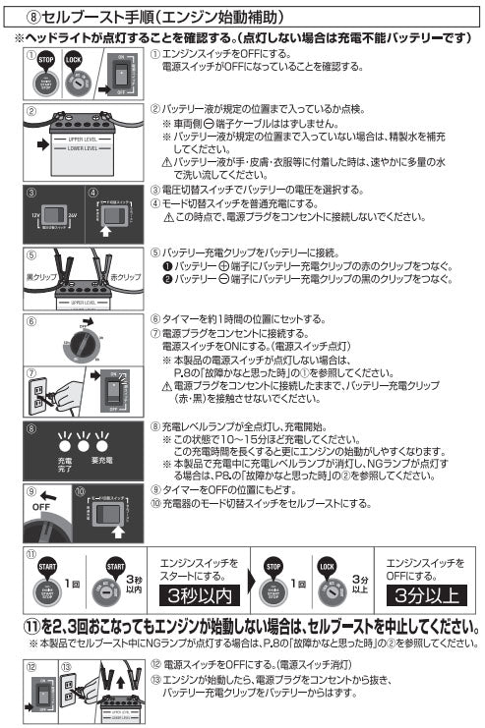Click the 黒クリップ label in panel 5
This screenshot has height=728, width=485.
pyautogui.click(x=39, y=278)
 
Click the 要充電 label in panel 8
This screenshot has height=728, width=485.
pyautogui.click(x=101, y=460)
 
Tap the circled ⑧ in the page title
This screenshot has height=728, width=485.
pyautogui.click(x=36, y=17)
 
